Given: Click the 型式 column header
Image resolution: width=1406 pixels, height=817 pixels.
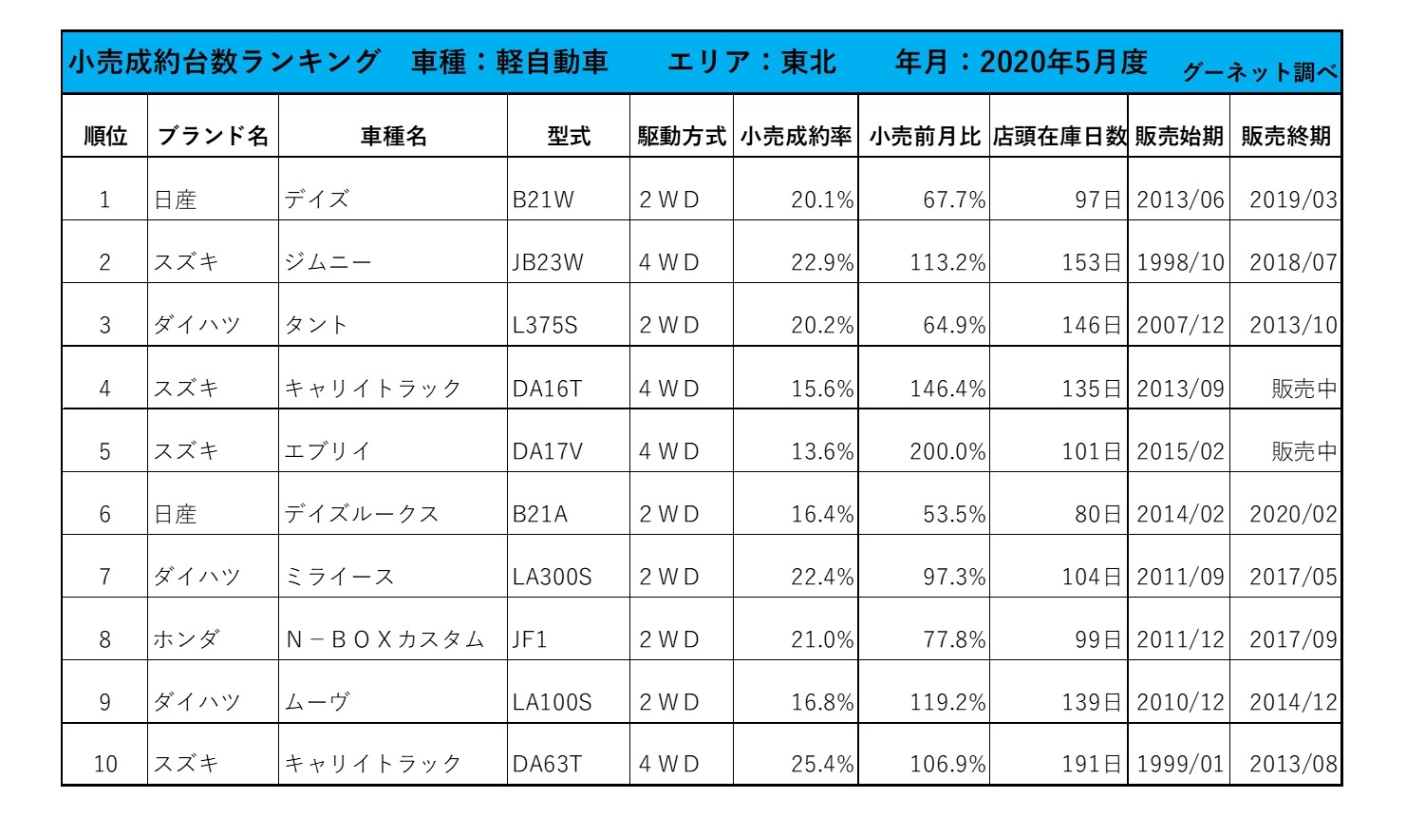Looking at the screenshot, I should point(569,137).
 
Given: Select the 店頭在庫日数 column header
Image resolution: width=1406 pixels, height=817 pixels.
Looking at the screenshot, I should point(1059,137).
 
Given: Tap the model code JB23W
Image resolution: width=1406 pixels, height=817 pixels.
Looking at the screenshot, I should point(548,263).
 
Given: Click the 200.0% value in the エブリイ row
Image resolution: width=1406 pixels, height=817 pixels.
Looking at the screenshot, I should point(947,451).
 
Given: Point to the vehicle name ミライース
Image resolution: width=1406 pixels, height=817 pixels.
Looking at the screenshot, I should point(339,577).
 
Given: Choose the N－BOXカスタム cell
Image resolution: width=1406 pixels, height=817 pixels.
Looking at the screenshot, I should point(384,639).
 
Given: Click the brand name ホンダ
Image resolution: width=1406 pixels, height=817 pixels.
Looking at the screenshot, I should point(186,639).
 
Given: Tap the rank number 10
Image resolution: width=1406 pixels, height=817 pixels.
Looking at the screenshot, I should point(105,764).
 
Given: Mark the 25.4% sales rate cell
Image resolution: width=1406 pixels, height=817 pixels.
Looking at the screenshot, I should point(822,764).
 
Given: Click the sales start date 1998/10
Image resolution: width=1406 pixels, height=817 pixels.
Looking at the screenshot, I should point(1180,263).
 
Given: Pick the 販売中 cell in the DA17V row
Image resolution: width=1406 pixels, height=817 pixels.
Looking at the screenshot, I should point(1303,451).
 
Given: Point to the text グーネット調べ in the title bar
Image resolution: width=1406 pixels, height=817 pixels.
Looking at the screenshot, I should point(1260,72).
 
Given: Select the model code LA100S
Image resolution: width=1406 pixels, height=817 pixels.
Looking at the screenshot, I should point(552,702).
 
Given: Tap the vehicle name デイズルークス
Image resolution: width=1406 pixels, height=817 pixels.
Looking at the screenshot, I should point(362,514).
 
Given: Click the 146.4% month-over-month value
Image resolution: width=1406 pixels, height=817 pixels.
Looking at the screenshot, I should point(947,389).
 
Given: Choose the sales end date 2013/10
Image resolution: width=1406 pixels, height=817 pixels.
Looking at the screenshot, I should point(1293,326).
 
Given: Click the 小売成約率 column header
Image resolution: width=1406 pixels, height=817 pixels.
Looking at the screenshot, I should point(796,137).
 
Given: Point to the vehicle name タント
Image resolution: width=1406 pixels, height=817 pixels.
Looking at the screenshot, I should point(316,326).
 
